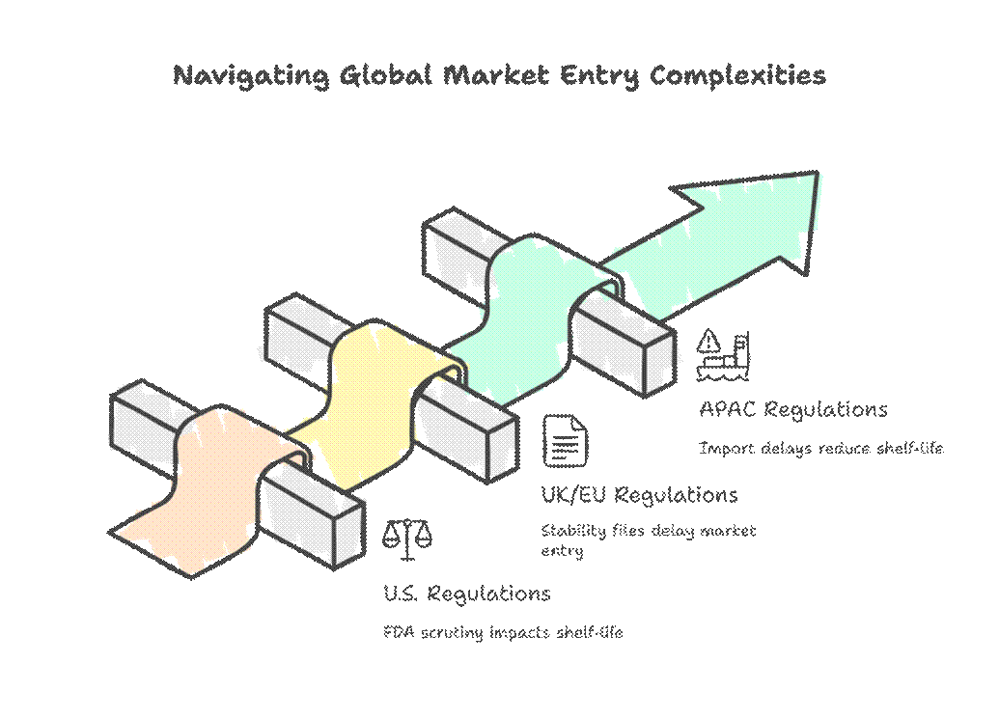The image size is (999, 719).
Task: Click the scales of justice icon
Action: (407, 539)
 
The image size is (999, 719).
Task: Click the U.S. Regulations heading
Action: (466, 593)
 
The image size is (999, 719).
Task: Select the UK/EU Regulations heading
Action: (639, 495)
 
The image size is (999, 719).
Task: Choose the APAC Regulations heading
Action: (792, 409)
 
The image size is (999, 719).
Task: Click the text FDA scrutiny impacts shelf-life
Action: (503, 633)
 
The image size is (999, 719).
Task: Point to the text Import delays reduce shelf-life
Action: (819, 448)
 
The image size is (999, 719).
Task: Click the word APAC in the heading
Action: (728, 409)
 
